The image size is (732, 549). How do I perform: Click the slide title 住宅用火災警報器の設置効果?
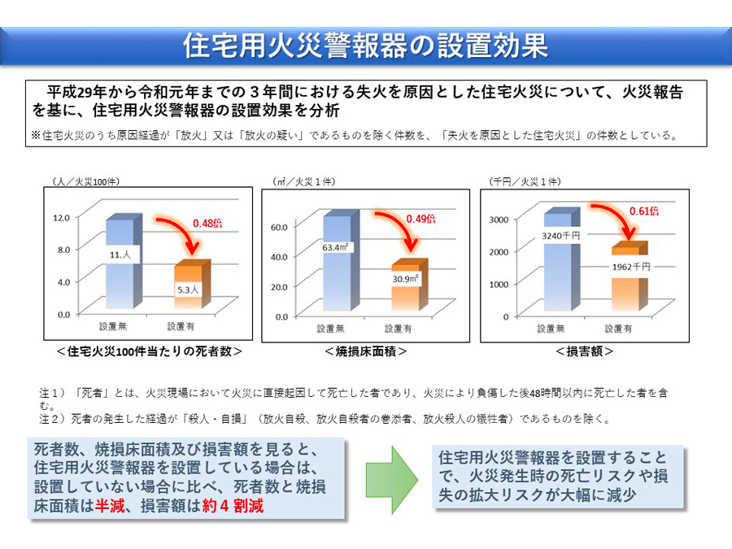coord(365,45)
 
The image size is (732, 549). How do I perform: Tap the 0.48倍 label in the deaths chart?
coord(207,223)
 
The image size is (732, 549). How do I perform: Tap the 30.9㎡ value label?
coord(406,279)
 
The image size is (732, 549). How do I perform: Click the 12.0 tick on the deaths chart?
coord(63,217)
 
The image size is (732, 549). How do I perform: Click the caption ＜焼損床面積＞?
coord(365,351)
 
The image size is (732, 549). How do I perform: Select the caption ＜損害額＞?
coord(584,351)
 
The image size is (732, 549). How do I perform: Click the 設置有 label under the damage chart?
coord(621,329)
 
